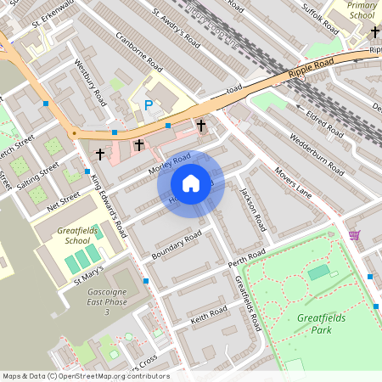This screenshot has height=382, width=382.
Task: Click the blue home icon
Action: click(191, 183)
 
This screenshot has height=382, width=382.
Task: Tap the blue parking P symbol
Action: click(149, 105)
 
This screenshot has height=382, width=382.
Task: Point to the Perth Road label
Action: click(246, 259)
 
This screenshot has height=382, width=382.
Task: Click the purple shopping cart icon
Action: click(354, 235)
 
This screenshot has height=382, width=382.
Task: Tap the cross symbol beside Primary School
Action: click(374, 32)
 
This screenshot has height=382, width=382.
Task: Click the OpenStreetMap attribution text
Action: click(85, 376)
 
